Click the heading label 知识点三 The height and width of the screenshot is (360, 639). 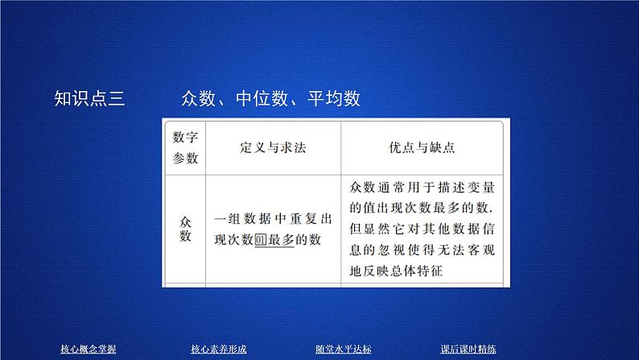point(89,98)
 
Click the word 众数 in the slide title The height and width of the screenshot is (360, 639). point(200,98)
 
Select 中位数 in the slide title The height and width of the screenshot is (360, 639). point(262,98)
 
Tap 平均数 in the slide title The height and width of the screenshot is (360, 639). point(332,98)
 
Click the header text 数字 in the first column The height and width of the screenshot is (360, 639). point(185,137)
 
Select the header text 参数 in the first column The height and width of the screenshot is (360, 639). point(185,159)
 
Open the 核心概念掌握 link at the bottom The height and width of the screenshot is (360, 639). point(89,349)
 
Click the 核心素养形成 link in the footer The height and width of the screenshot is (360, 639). point(218,349)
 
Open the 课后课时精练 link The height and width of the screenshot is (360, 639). point(468,349)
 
